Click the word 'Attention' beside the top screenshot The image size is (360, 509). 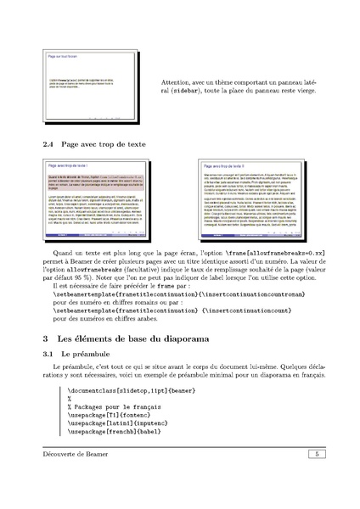(177, 82)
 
